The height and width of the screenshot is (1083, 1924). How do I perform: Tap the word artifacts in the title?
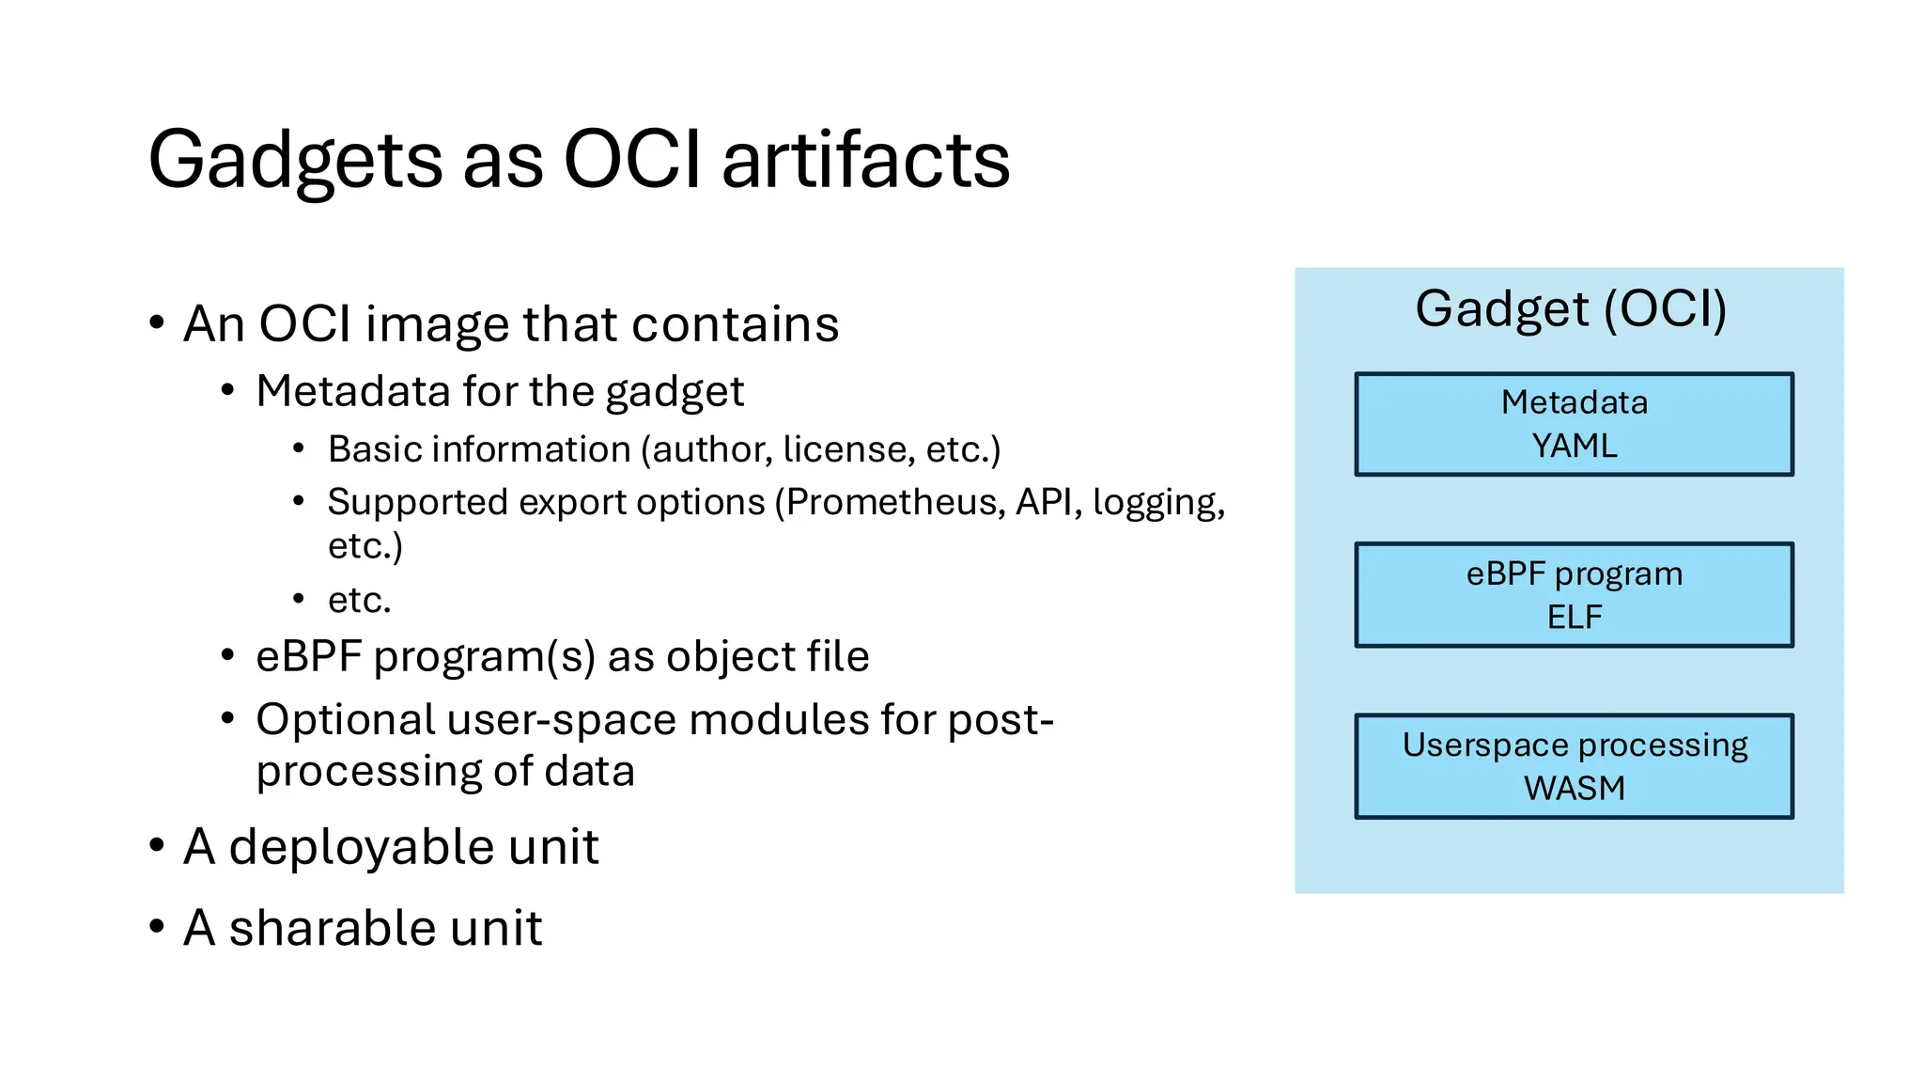pyautogui.click(x=865, y=160)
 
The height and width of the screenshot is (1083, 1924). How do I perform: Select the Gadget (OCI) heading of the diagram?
pyautogui.click(x=1571, y=309)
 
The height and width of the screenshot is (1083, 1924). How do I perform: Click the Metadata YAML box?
pyautogui.click(x=1574, y=424)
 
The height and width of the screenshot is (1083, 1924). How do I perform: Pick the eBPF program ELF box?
pyautogui.click(x=1574, y=595)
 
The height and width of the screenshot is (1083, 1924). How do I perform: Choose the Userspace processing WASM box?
pyautogui.click(x=1574, y=766)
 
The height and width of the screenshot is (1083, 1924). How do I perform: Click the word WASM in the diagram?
pyautogui.click(x=1574, y=788)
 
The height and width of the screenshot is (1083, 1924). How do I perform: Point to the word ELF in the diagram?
pyautogui.click(x=1574, y=618)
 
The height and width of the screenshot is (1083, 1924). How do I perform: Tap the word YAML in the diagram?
pyautogui.click(x=1574, y=446)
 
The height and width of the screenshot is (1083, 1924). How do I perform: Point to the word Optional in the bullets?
pyautogui.click(x=346, y=720)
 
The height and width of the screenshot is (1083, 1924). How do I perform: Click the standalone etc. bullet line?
pyautogui.click(x=359, y=600)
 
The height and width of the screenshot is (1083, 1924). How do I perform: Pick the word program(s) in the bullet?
pyautogui.click(x=484, y=657)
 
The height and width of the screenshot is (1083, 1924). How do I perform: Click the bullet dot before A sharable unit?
pyautogui.click(x=157, y=928)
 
